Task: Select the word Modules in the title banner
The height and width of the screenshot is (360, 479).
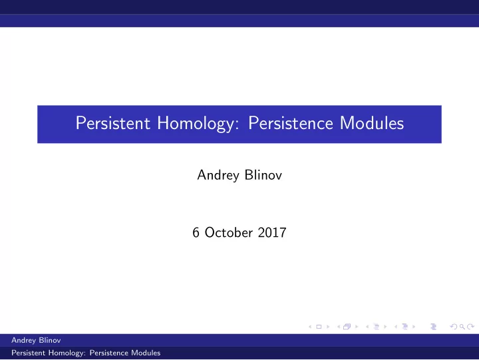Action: [x=372, y=123]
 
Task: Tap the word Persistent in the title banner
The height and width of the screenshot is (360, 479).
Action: [x=113, y=123]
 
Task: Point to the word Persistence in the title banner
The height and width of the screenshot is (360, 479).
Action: [x=291, y=123]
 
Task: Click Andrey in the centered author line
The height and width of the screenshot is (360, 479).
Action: [x=218, y=176]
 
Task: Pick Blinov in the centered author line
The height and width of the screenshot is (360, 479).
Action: [x=263, y=175]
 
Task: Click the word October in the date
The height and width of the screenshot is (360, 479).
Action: [x=228, y=232]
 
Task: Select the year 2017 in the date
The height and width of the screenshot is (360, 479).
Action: [x=272, y=232]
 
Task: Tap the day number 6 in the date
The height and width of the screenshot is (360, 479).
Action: [x=196, y=232]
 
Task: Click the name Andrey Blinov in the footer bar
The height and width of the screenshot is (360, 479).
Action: [x=36, y=340]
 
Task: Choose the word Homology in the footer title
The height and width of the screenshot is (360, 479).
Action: [x=66, y=353]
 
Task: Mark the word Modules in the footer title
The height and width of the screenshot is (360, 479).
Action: [x=146, y=353]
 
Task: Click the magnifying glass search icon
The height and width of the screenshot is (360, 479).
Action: [x=462, y=327]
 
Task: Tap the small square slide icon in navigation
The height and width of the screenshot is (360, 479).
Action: [x=319, y=327]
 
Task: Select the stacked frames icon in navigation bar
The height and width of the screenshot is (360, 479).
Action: [x=347, y=327]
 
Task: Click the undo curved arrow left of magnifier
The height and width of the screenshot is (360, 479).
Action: [x=454, y=327]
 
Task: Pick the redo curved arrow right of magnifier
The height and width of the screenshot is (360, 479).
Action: [x=471, y=327]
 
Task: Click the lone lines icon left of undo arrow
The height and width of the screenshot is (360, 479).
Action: [x=434, y=327]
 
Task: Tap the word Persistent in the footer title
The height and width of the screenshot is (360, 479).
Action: [x=29, y=353]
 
